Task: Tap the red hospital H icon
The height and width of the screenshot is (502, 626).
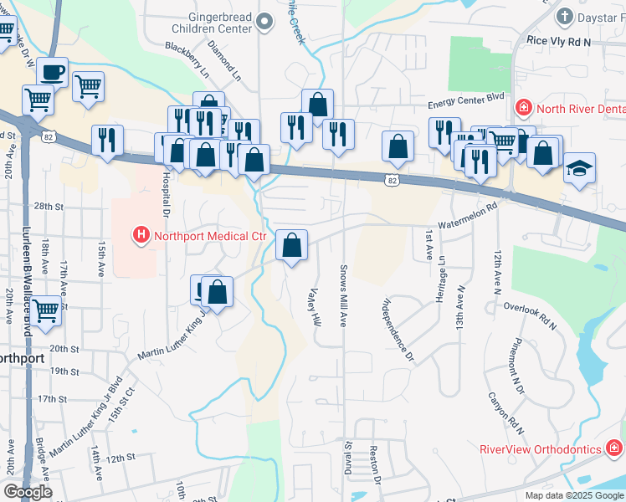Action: [141, 235]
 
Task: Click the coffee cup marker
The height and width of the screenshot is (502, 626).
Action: [53, 72]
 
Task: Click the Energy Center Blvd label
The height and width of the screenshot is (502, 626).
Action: [467, 98]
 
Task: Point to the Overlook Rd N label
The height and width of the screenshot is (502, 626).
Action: [530, 312]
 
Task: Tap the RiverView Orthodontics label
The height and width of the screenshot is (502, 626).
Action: [540, 449]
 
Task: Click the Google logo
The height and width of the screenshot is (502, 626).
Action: [28, 492]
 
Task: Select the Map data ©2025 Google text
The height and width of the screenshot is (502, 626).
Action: [574, 495]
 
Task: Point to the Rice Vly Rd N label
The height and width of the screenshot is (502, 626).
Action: [559, 40]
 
